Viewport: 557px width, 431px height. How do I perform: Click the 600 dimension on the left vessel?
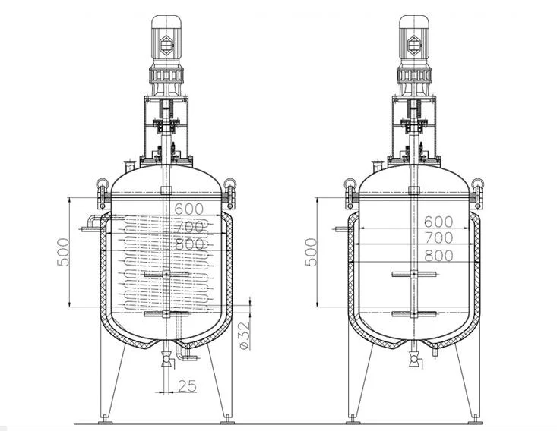189,209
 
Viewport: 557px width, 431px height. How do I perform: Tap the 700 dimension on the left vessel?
190,227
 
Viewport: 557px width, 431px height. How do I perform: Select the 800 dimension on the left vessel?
190,244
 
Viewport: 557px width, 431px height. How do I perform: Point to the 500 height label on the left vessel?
63,252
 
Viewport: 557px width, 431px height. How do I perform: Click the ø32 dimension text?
245,335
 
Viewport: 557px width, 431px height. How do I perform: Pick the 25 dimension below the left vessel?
187,386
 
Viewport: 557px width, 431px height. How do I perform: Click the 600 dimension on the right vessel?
438,222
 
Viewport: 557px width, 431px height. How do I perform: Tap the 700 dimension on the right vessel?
439,238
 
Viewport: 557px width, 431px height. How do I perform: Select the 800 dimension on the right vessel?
439,256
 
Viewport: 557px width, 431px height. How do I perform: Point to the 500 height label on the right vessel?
311,252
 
